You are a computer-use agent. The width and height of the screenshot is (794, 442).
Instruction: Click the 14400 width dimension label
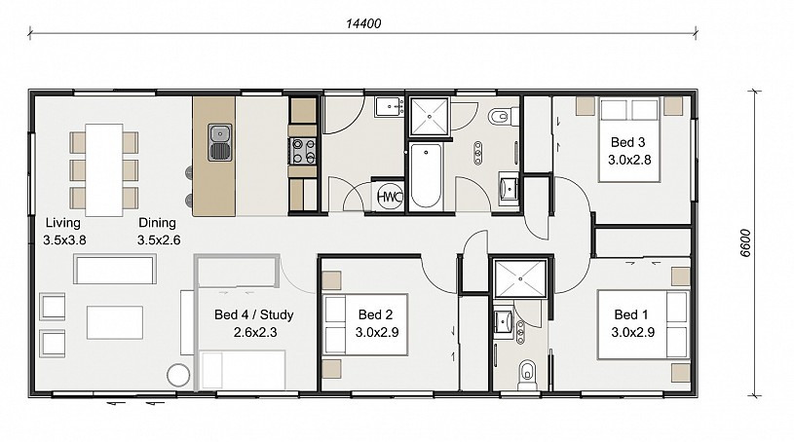pos(363,23)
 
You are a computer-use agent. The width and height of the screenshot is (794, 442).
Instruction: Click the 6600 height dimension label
pos(745,243)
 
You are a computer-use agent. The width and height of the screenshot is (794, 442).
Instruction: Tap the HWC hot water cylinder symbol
pos(390,197)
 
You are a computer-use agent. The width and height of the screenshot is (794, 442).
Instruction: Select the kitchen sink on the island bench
pos(220,142)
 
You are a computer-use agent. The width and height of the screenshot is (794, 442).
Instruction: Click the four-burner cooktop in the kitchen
pos(302,151)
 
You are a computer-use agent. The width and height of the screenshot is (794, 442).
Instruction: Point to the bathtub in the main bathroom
pos(426,175)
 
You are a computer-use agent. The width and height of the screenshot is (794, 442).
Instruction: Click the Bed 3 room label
pos(629,151)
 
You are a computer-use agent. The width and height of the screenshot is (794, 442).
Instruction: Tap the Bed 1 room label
pos(632,323)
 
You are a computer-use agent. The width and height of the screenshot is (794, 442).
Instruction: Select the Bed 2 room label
pos(376,323)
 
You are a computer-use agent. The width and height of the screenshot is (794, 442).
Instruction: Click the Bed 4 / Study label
pos(254,323)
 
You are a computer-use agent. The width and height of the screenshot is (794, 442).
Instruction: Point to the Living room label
pos(63,231)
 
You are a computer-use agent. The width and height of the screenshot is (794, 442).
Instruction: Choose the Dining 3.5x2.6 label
pos(159,231)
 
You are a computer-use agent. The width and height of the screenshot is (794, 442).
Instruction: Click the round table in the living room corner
pos(178,375)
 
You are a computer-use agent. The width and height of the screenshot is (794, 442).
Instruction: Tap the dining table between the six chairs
pos(104,170)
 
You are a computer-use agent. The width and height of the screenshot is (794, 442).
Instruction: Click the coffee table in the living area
pos(114,322)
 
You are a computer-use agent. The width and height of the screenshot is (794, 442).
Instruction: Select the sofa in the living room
pos(115,270)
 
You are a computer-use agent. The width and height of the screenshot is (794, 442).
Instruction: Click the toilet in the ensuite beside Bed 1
pos(527,375)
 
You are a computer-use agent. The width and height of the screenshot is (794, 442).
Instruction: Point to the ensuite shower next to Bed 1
pos(520,278)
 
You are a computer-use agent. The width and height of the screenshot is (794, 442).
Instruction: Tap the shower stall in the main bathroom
pos(430,117)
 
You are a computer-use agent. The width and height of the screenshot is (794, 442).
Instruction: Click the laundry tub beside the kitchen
pos(389,107)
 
